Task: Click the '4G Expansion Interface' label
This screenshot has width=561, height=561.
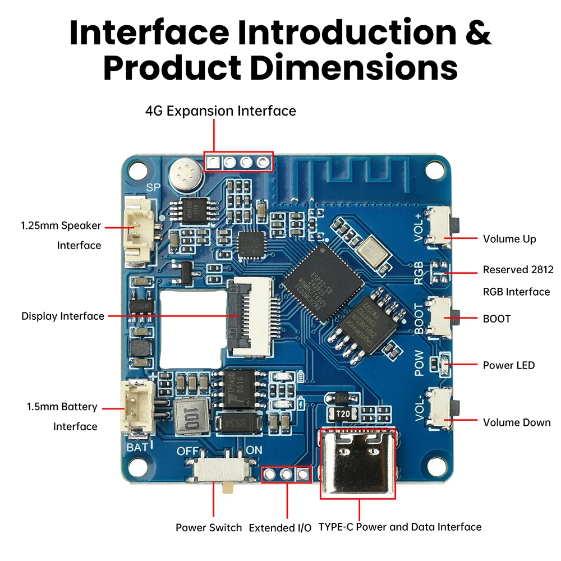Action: click(x=220, y=111)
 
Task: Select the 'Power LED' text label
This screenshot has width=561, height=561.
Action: click(x=509, y=365)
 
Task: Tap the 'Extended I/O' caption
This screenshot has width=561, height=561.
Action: click(x=280, y=528)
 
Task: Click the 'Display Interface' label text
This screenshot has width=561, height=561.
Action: click(x=63, y=316)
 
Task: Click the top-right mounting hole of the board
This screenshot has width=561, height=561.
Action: click(x=435, y=168)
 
